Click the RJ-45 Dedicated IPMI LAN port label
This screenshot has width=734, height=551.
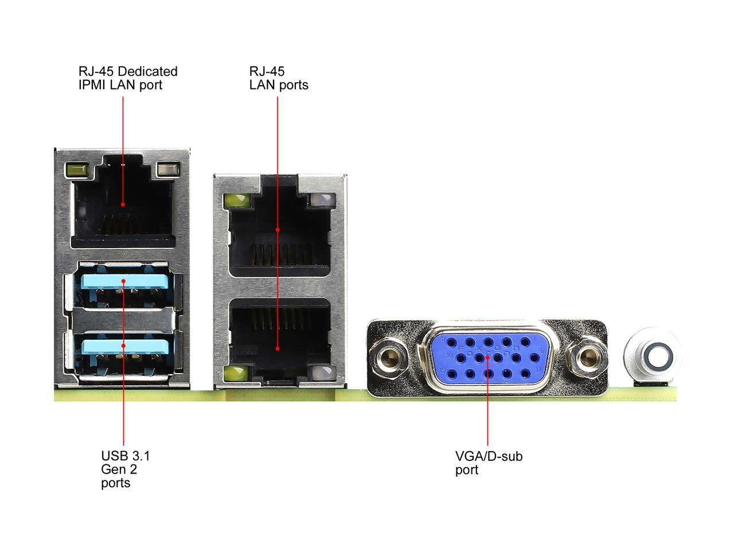pyautogui.click(x=128, y=78)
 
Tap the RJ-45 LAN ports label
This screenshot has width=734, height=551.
pyautogui.click(x=278, y=78)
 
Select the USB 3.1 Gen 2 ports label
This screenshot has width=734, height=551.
pyautogui.click(x=125, y=469)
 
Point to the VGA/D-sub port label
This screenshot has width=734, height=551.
pyautogui.click(x=489, y=463)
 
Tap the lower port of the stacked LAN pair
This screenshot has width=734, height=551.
pyautogui.click(x=279, y=339)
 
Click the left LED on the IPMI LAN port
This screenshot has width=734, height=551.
pyautogui.click(x=77, y=170)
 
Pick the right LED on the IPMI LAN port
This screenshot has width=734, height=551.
pyautogui.click(x=168, y=170)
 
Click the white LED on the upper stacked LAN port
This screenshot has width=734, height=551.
pyautogui.click(x=321, y=201)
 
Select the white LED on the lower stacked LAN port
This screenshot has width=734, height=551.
pyautogui.click(x=321, y=373)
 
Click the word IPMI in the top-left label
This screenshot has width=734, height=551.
pyautogui.click(x=92, y=85)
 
